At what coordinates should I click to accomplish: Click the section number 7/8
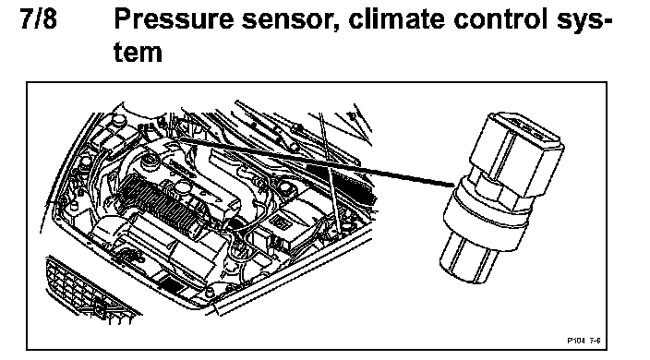pyautogui.click(x=38, y=18)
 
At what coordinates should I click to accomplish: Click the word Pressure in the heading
pyautogui.click(x=175, y=18)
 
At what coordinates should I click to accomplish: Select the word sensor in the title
pyautogui.click(x=291, y=20)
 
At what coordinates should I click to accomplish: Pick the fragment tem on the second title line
pyautogui.click(x=138, y=53)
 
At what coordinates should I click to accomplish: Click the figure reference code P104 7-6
pyautogui.click(x=584, y=341)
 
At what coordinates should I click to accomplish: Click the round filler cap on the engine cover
pyautogui.click(x=150, y=161)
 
